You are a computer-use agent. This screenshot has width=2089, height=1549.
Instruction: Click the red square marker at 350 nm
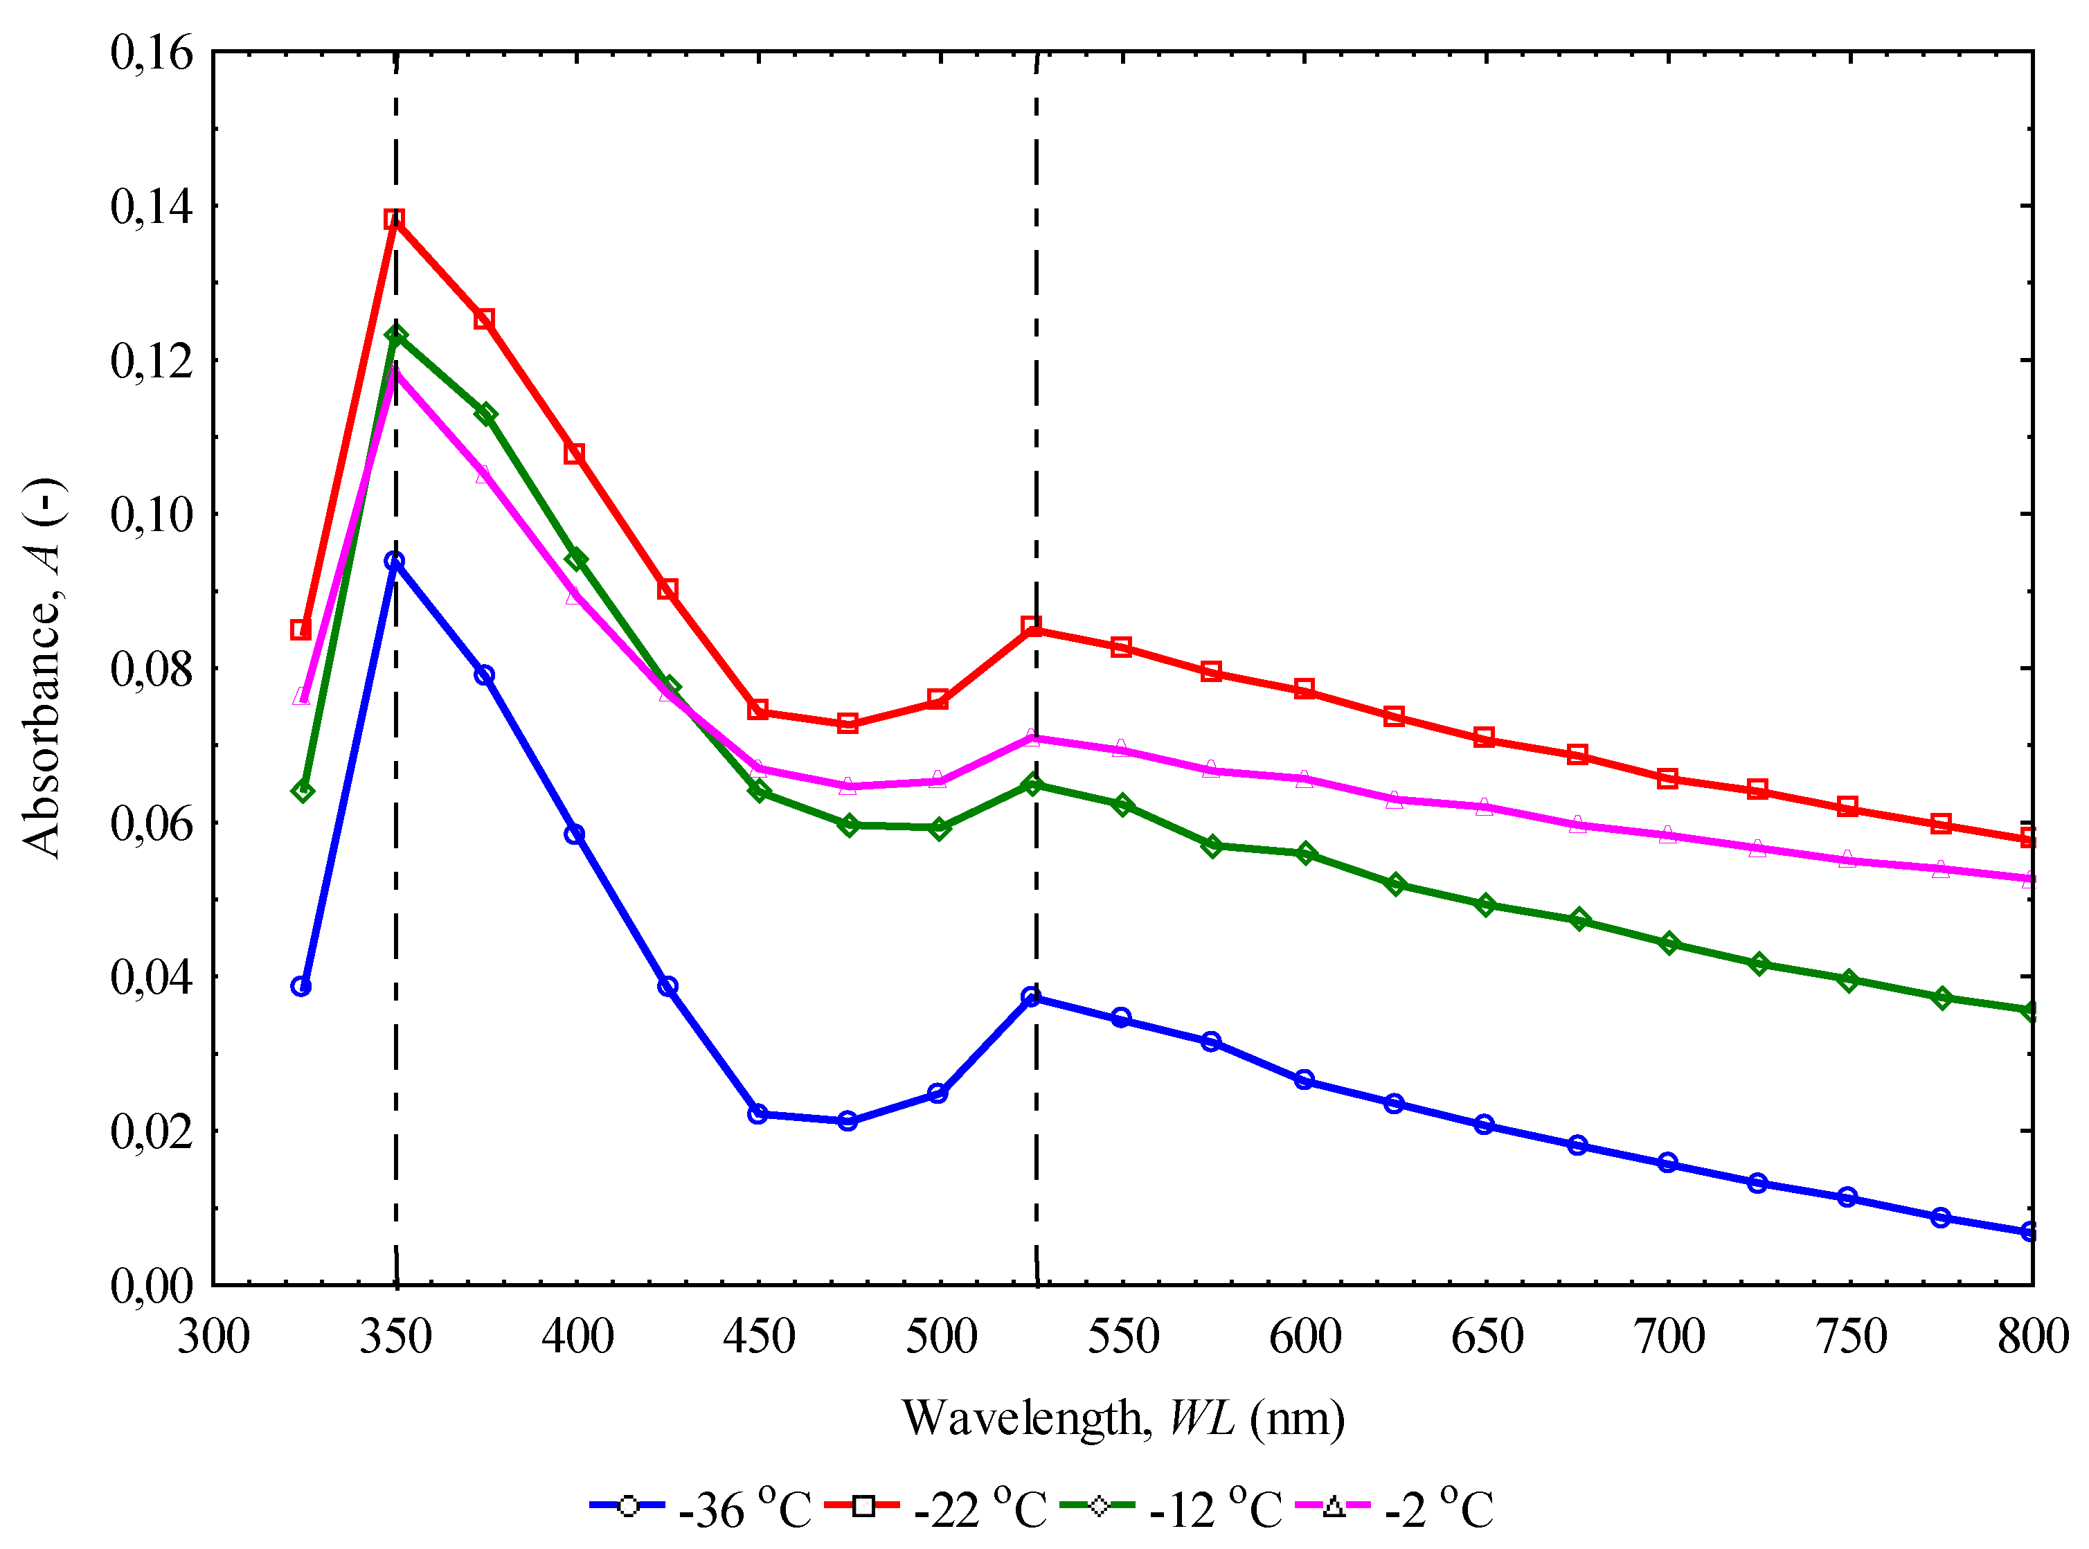pyautogui.click(x=394, y=220)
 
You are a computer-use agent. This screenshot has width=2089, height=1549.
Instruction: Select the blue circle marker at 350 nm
pyautogui.click(x=395, y=562)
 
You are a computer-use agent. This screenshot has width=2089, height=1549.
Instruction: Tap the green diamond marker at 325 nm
pyautogui.click(x=302, y=791)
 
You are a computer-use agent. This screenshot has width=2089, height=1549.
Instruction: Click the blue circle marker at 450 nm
pyautogui.click(x=758, y=1114)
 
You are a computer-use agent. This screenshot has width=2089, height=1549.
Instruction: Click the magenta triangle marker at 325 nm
pyautogui.click(x=301, y=696)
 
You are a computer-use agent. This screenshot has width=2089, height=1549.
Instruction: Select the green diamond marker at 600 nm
pyautogui.click(x=1305, y=853)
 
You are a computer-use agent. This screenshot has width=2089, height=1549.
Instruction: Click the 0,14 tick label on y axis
pyautogui.click(x=152, y=206)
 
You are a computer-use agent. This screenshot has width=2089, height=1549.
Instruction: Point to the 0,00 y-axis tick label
pyautogui.click(x=152, y=1285)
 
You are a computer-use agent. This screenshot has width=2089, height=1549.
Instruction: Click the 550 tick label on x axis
pyautogui.click(x=1123, y=1336)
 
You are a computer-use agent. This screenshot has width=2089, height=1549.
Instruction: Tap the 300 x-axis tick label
pyautogui.click(x=214, y=1336)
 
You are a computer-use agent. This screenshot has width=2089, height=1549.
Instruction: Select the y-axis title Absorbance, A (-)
pyautogui.click(x=42, y=668)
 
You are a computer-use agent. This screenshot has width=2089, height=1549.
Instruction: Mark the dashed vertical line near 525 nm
pyautogui.click(x=1036, y=375)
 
